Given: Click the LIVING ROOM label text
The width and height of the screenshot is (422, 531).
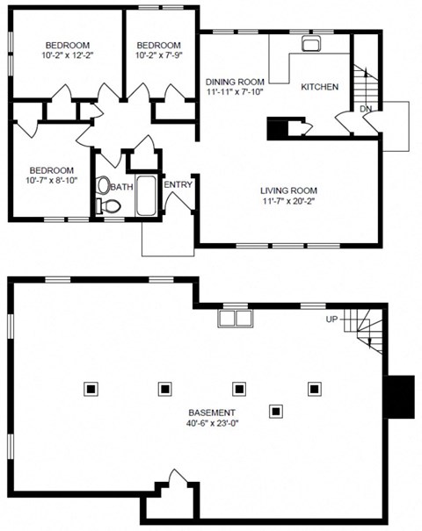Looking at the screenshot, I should [x=287, y=190].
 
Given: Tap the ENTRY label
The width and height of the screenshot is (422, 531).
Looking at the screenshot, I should [x=178, y=184].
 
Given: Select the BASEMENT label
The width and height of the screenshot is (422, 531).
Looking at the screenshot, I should [x=211, y=413].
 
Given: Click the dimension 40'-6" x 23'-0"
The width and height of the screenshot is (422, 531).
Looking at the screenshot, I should [x=211, y=423].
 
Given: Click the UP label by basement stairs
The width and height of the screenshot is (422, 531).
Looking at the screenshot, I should [x=332, y=319].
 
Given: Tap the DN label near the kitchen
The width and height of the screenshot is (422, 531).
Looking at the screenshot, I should [x=366, y=109].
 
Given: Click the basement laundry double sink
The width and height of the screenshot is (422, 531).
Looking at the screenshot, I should [x=233, y=316].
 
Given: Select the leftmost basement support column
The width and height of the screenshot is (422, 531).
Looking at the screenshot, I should [x=91, y=387].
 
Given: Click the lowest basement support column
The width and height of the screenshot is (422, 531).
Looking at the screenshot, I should [x=276, y=410].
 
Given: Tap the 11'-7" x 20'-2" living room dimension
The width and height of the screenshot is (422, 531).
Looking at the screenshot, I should [x=287, y=201].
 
